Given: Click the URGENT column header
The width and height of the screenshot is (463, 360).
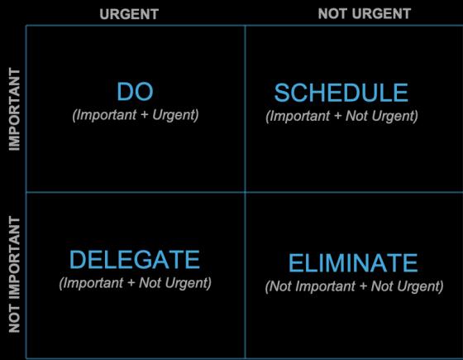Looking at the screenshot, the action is coord(129,14).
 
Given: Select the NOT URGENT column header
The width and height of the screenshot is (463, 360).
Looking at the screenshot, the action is coord(365,13).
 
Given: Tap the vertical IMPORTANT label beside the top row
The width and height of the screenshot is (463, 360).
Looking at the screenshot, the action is coord(14,109).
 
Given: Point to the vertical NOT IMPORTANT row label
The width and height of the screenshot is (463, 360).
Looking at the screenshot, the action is coord(14,274).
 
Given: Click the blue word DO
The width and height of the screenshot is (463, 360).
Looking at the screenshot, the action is coord(136,92).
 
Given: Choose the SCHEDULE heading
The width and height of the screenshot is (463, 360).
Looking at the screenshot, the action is coord(341,93).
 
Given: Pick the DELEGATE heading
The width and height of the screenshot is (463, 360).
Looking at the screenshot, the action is coord(135,260).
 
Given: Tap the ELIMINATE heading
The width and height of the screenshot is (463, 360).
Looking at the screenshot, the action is coord(353,262).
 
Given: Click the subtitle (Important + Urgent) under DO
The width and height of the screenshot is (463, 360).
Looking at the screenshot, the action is coord(136,115).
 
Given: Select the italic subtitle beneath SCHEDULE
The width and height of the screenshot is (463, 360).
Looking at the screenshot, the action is coord(341,116).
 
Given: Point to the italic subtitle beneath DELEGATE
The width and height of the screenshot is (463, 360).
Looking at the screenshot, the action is coord(136,283).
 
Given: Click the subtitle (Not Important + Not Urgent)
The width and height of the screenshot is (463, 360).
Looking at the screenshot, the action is coord(354,286).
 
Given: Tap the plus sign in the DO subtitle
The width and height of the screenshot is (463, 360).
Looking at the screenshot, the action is coord(145,115).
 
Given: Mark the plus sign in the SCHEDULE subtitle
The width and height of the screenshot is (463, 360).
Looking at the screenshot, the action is coord(337,116).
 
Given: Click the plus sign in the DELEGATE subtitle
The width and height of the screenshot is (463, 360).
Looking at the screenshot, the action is coord(131,283).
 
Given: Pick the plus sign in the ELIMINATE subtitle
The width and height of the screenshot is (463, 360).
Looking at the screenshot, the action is coord(363,286).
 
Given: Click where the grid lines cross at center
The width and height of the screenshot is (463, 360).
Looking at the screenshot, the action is coord(245,192).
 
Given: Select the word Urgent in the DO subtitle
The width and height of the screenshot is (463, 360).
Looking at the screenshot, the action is coord(175,115).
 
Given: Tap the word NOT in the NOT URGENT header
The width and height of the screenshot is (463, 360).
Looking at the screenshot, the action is coord(331,13).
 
